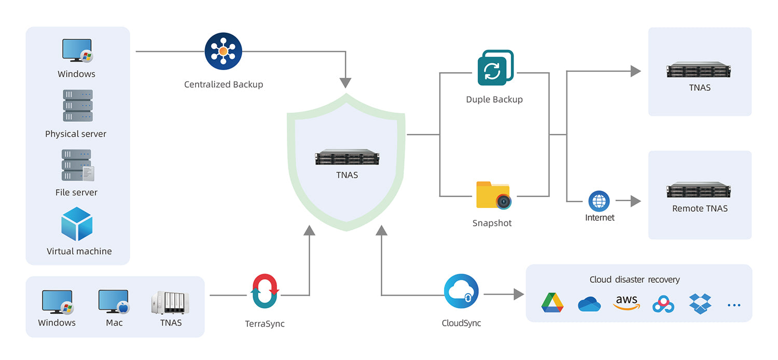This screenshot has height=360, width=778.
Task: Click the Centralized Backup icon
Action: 224,51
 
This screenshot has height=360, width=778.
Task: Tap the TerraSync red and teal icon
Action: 265,292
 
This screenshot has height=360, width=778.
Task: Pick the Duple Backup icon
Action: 495,68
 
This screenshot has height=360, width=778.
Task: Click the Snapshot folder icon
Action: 494,195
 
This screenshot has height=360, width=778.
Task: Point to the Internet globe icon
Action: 599,201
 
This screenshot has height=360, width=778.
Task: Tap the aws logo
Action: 627,302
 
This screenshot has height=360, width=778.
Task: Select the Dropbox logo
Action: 700,303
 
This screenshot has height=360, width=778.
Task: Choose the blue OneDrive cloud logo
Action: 589,304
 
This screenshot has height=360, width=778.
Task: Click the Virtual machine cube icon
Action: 77,224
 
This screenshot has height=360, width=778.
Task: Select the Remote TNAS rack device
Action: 700,190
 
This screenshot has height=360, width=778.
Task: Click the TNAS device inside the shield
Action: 347,157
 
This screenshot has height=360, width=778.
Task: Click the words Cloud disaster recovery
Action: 634,280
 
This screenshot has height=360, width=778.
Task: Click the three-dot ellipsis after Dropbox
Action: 734,305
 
